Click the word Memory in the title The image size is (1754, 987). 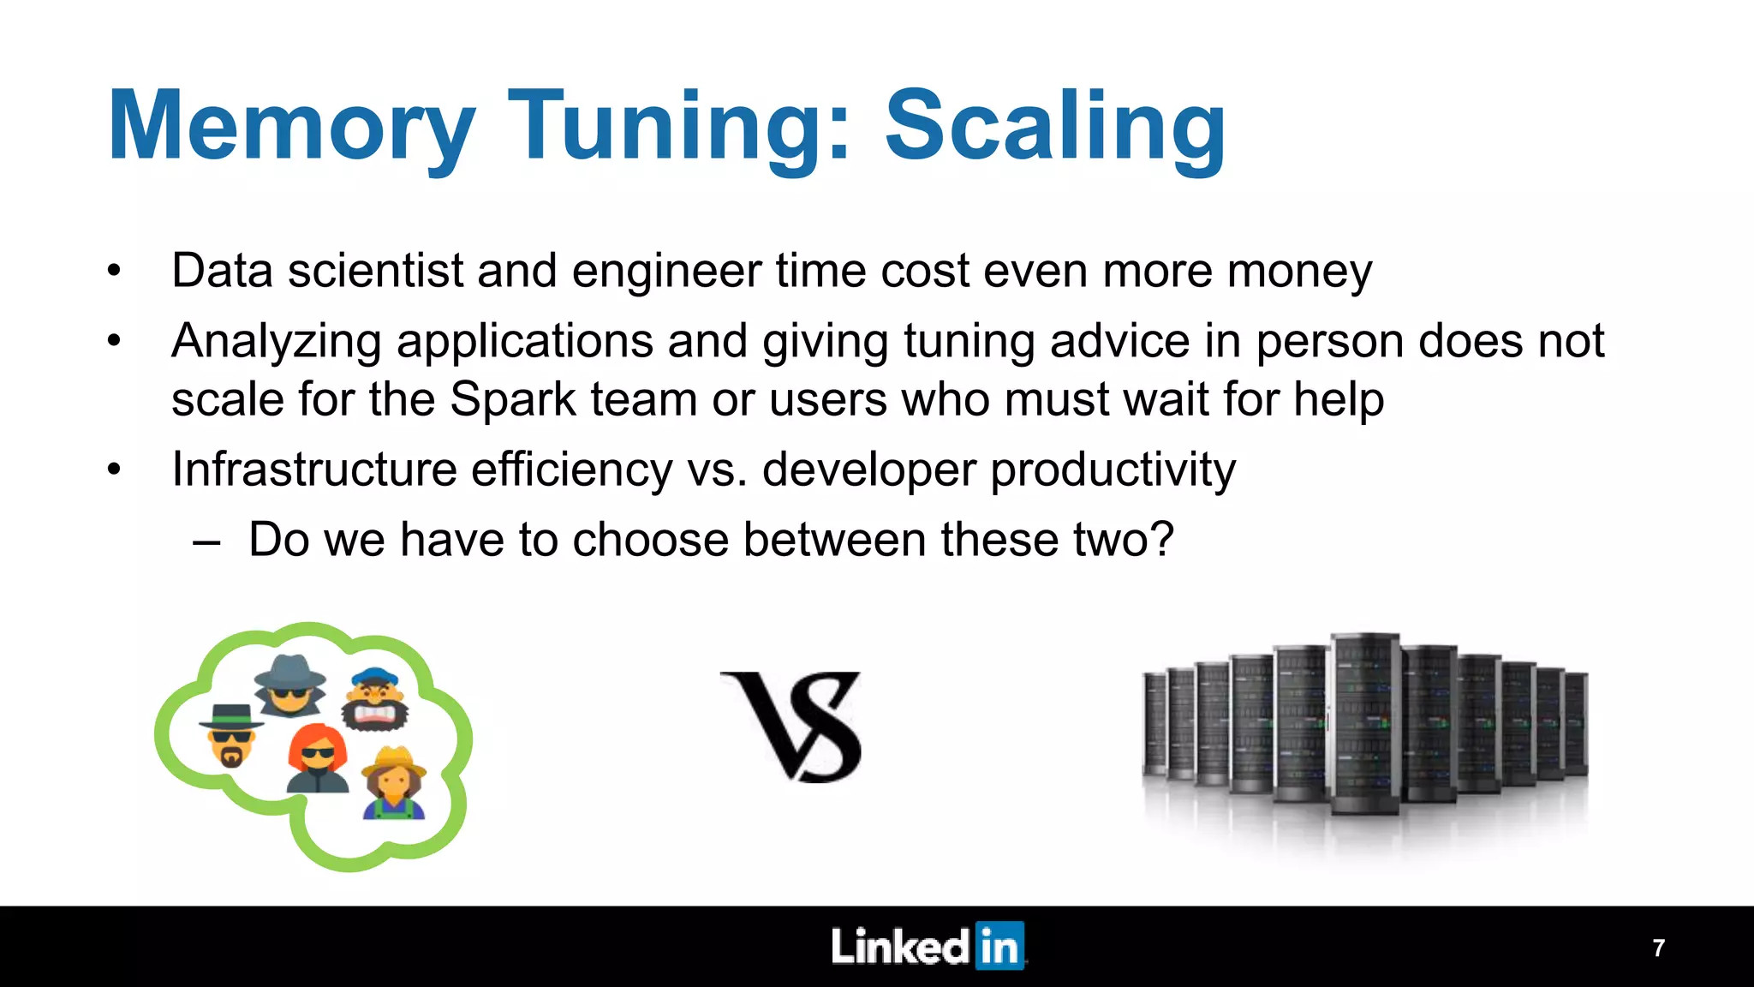(x=291, y=127)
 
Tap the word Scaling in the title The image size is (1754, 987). (x=1055, y=127)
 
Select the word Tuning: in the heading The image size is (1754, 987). (x=680, y=127)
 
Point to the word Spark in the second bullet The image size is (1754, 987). (x=513, y=399)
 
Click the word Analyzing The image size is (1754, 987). (x=276, y=342)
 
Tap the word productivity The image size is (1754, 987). (x=1113, y=470)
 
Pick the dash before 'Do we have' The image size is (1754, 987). (x=206, y=541)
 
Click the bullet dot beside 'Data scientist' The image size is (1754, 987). (x=115, y=272)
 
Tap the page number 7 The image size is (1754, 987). (x=1658, y=948)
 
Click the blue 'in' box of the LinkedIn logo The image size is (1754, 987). (x=999, y=947)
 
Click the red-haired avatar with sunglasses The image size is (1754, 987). (x=318, y=759)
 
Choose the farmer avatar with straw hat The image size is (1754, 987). (x=394, y=782)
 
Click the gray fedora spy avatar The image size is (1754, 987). (x=290, y=685)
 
